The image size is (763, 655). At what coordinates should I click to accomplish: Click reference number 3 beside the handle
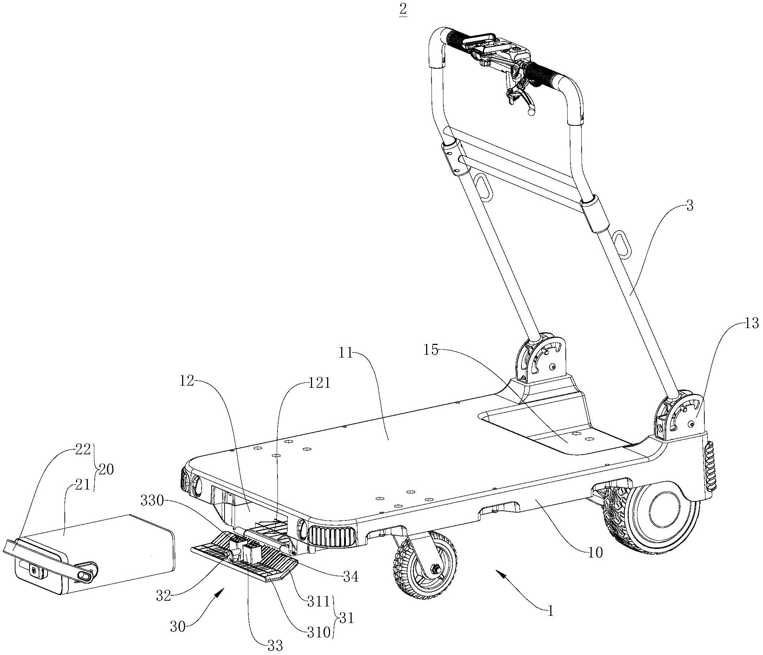[689, 206]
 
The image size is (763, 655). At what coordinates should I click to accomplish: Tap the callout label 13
[751, 323]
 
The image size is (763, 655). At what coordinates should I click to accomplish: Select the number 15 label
[431, 350]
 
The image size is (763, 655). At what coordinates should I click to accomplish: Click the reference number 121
[319, 383]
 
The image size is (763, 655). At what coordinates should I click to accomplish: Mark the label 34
[351, 577]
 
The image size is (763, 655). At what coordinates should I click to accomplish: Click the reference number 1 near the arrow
[551, 611]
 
